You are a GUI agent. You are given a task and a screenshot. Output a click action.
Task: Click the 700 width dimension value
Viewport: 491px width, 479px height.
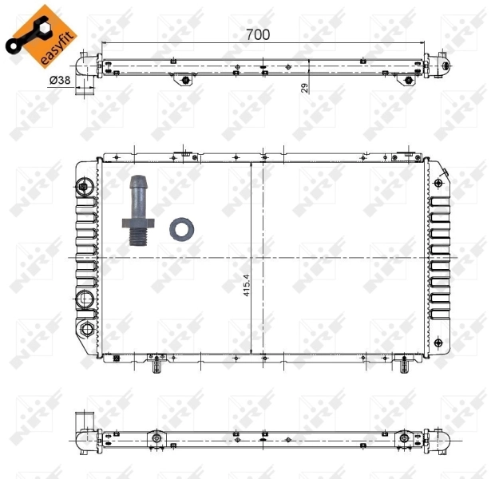pyautogui.click(x=258, y=34)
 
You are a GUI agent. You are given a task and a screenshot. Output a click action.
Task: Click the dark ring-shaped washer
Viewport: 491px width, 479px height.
pyautogui.click(x=181, y=229)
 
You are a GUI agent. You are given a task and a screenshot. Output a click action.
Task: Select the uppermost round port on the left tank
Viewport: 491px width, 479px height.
pyautogui.click(x=84, y=188)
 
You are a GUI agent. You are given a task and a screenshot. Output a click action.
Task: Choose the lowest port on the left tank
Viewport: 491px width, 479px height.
pyautogui.click(x=84, y=330)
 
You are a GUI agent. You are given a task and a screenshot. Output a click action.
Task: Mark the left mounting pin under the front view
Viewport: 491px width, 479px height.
pyautogui.click(x=157, y=366)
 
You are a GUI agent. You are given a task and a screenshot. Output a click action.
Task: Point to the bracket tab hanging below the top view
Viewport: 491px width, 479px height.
pyautogui.click(x=185, y=80)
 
